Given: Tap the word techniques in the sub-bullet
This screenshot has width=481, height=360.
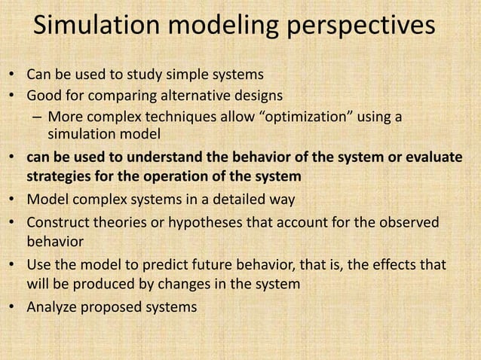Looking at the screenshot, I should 176,117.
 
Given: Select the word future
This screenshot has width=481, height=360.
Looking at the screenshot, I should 216,266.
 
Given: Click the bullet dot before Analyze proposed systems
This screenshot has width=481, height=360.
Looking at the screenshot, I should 14,307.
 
